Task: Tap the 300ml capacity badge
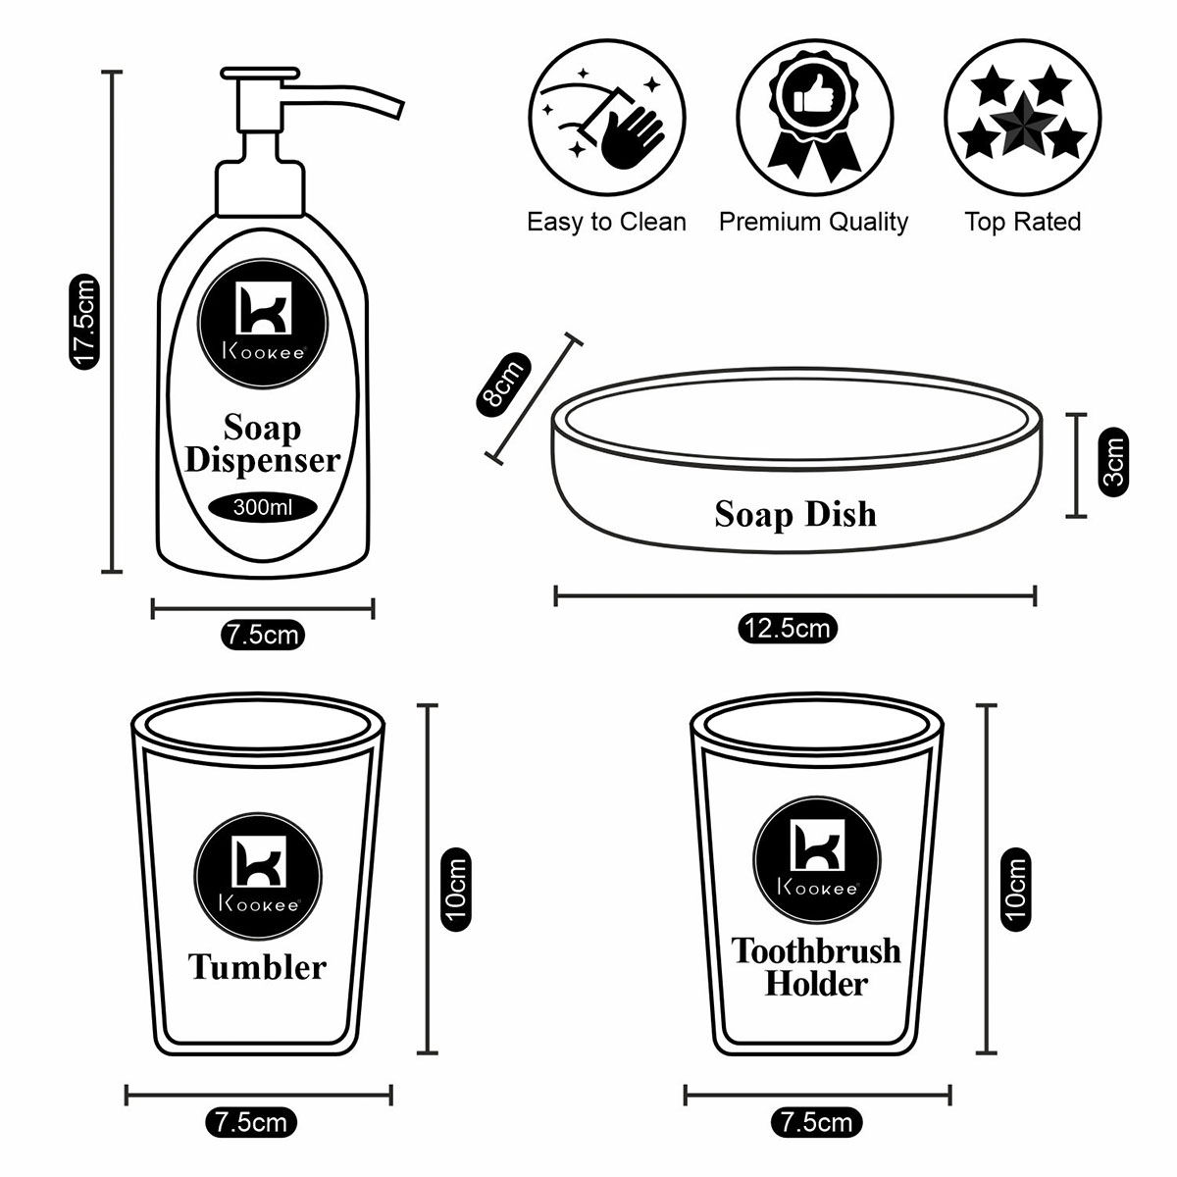(x=263, y=507)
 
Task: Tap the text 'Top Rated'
(x=1022, y=222)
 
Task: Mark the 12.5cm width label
(x=788, y=628)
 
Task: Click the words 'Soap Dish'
(x=794, y=514)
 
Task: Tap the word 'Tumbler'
(x=257, y=967)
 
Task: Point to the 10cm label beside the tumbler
(x=457, y=890)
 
